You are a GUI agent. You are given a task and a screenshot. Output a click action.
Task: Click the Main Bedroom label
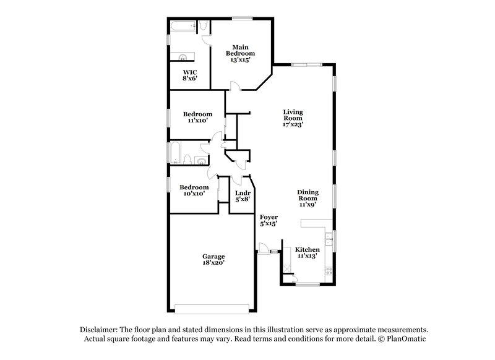pyautogui.click(x=240, y=54)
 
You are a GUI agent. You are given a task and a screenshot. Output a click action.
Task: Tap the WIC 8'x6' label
pyautogui.click(x=189, y=75)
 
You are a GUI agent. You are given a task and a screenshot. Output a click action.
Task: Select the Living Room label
pyautogui.click(x=293, y=118)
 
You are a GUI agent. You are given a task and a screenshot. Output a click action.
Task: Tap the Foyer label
pyautogui.click(x=268, y=220)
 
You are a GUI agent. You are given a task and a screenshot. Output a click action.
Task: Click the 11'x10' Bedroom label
pyautogui.click(x=197, y=117)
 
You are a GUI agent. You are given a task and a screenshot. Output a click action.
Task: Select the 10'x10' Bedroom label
pyautogui.click(x=194, y=190)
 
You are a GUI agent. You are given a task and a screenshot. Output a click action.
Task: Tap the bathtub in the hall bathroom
pyautogui.click(x=174, y=153)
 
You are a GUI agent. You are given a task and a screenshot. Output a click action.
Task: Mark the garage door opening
pyautogui.click(x=212, y=307)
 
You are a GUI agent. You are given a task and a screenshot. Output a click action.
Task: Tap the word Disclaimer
pyautogui.click(x=100, y=330)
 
